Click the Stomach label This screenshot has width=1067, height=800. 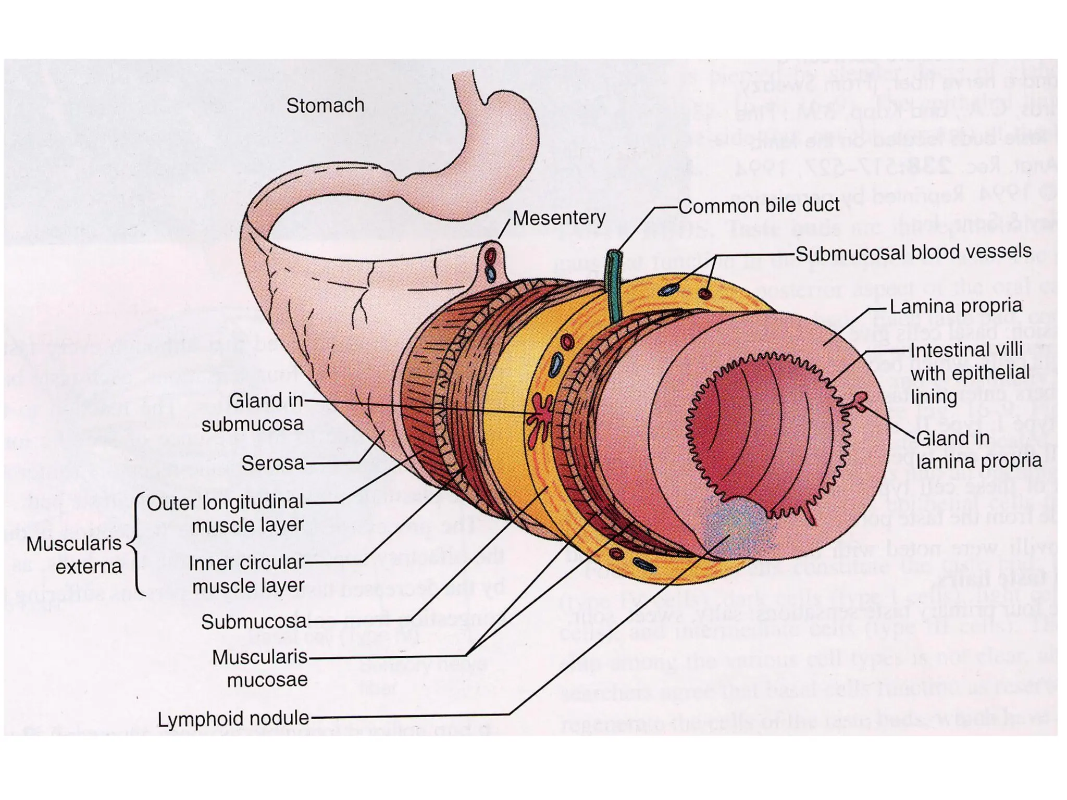pos(325,106)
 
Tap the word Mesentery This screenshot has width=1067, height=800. pos(559,218)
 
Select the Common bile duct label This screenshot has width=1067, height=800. pos(758,205)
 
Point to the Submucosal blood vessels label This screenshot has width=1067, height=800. pos(913,252)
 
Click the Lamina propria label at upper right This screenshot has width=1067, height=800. pos(956,306)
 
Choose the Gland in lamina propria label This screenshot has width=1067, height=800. pos(978,449)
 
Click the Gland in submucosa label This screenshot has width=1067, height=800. pos(253,412)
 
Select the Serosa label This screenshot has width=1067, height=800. pos(272,463)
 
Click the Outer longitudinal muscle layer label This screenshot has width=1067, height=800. pos(225,514)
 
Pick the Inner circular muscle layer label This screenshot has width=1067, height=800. pos(246,574)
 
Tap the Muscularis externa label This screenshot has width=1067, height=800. pos(74,555)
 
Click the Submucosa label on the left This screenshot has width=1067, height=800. pos(254,621)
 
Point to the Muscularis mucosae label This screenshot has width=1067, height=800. pos(260,668)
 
